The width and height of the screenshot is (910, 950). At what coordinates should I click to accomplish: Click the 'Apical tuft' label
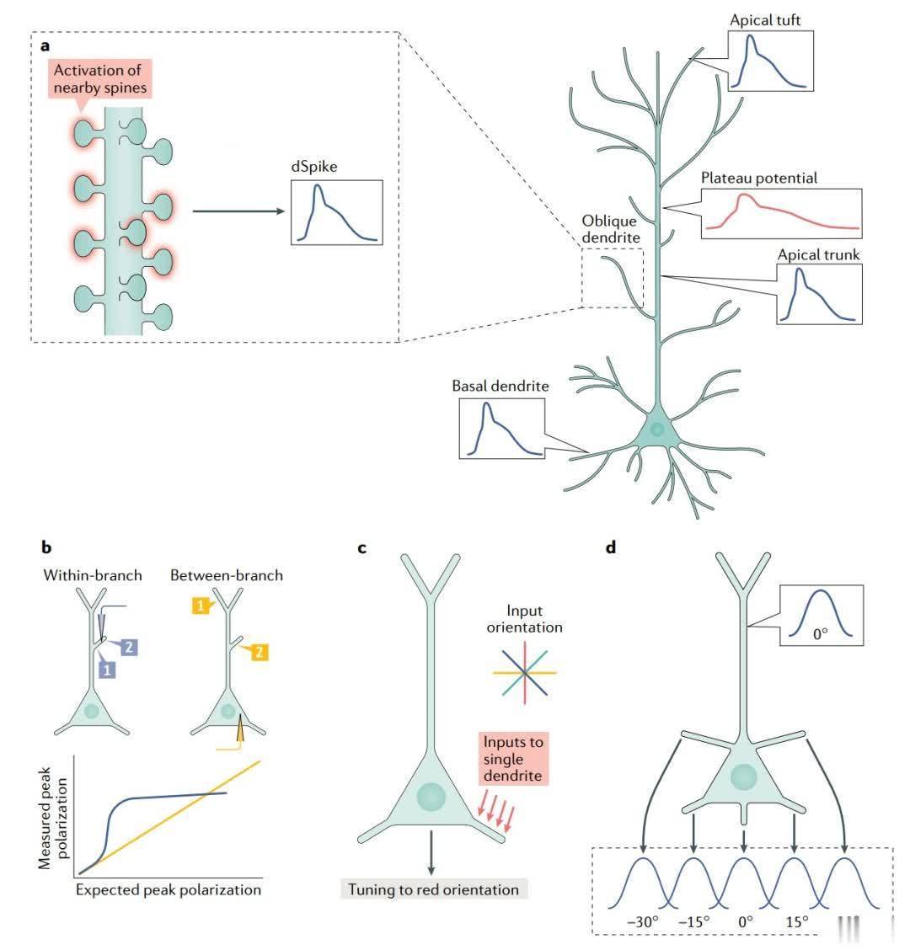pos(766,20)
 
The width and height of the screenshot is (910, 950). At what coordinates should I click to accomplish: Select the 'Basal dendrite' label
pos(500,387)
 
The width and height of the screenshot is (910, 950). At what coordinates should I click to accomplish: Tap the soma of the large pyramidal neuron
pos(656,429)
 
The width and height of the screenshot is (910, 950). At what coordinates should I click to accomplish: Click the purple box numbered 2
pos(129,647)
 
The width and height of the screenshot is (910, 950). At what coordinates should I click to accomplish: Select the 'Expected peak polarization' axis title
pos(169,889)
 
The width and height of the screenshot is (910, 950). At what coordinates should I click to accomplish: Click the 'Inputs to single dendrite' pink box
pos(512,758)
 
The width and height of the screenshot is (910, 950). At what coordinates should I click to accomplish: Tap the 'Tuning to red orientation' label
pos(434,889)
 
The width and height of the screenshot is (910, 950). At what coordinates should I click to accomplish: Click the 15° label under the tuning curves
pos(794,921)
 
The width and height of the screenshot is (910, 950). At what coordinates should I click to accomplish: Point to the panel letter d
pos(612,547)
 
